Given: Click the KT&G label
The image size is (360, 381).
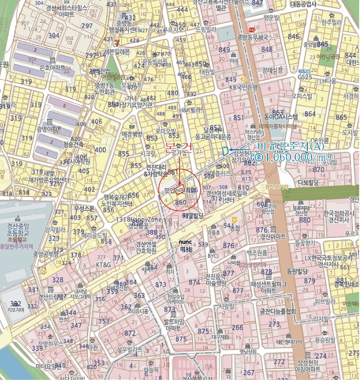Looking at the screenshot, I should pos(103,265).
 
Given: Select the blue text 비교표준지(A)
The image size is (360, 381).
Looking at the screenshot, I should pos(290,146).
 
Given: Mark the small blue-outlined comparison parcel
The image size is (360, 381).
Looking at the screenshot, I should pos(224,151).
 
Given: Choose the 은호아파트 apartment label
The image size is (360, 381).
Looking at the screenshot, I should pos(53,67).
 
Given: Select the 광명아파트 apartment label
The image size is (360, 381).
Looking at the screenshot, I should pos(50,129).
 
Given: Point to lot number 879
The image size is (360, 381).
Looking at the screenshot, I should pos(309,281).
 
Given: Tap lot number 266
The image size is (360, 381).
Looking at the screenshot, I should pos(238,327).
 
